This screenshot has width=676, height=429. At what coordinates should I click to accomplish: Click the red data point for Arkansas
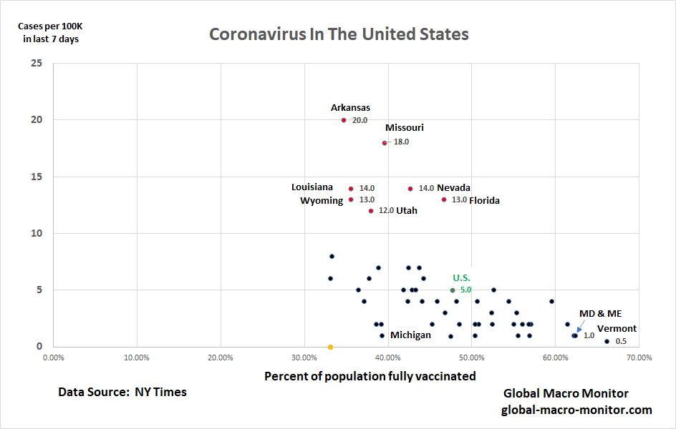tap(344, 120)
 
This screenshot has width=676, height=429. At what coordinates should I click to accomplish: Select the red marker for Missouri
tap(385, 143)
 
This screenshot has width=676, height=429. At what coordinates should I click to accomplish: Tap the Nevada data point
tap(410, 189)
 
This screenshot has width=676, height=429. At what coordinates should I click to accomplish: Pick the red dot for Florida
tap(444, 199)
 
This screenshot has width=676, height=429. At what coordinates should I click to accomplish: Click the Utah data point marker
tap(371, 211)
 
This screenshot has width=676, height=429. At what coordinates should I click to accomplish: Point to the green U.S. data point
tap(453, 290)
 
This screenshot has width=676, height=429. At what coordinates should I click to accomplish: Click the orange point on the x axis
tap(330, 347)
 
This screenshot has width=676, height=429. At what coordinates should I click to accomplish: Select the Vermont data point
tap(607, 341)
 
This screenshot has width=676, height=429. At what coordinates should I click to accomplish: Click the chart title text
tap(339, 34)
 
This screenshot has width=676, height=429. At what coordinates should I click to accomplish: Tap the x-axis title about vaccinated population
tap(370, 376)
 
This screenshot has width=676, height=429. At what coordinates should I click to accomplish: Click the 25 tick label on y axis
tap(37, 63)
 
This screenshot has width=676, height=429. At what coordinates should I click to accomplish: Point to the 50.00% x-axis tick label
tap(471, 357)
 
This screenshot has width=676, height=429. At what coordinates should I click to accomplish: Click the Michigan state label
tap(410, 335)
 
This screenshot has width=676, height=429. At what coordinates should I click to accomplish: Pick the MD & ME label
tap(600, 313)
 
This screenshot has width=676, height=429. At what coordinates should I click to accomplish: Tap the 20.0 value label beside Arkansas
tap(359, 121)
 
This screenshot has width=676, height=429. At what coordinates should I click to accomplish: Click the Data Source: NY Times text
tap(122, 392)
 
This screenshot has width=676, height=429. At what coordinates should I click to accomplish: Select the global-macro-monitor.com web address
tap(576, 410)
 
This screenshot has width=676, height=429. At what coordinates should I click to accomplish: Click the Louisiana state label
tap(312, 187)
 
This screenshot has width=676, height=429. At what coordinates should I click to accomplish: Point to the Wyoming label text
tap(322, 201)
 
